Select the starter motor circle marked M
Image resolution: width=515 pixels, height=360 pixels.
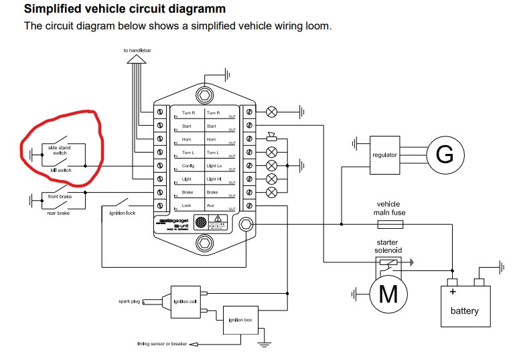388,293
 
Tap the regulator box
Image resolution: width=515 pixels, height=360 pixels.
384,155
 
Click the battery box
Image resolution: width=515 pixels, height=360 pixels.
464,304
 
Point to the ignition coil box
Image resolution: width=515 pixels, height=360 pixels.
184,301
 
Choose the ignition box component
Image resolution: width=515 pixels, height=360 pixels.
239,321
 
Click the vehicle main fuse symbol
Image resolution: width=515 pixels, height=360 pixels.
390,226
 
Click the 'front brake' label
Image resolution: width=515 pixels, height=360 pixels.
59,197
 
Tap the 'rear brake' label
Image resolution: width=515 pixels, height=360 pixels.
58,213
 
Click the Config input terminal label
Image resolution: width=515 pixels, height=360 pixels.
188,165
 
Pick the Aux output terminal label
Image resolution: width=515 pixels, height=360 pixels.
211,205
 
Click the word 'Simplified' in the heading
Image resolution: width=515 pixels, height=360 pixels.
53,9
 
